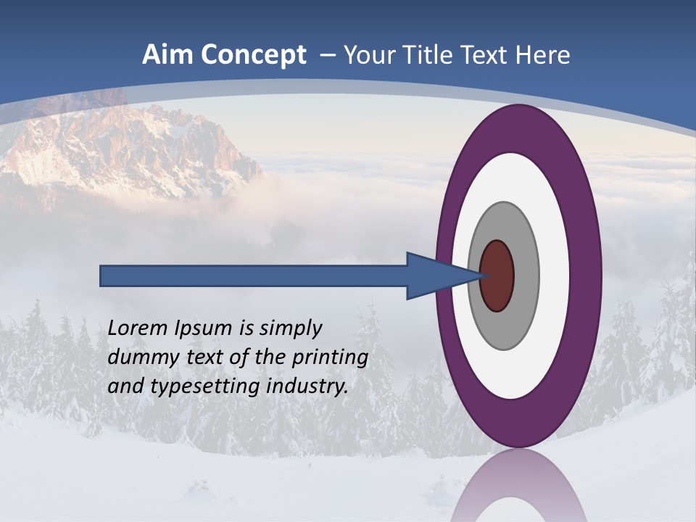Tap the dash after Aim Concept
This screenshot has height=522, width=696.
[x=328, y=56]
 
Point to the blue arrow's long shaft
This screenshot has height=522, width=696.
[x=254, y=275]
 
